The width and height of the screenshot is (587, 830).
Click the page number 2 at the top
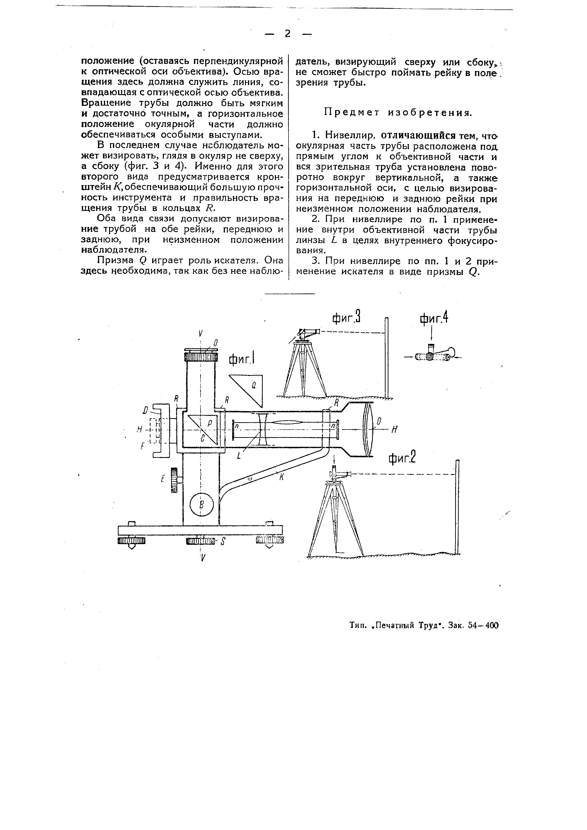tap(288, 34)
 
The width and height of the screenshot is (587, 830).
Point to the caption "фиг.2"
tap(402, 459)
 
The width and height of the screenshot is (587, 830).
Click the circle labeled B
tap(202, 504)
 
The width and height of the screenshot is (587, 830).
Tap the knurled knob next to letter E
tap(175, 480)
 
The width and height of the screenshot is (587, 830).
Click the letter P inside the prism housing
tap(210, 423)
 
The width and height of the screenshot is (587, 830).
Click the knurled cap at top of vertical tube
tap(201, 356)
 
